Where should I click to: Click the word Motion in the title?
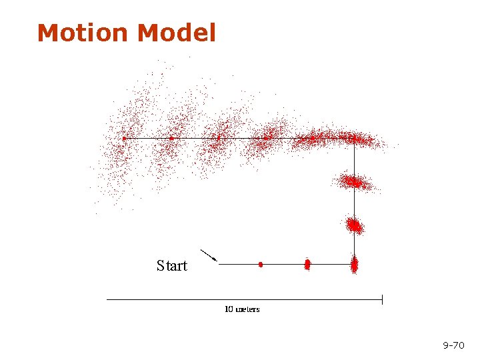point(79,33)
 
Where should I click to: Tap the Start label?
point(172,266)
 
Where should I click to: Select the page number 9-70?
point(453,345)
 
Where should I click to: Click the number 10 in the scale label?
point(229,309)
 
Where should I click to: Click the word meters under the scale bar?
point(247,309)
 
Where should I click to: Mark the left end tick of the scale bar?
point(108,299)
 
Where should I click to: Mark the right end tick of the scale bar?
point(382,299)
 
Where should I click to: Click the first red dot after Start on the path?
point(261,265)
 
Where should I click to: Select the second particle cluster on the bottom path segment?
point(307,265)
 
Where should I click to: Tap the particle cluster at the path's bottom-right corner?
point(354,265)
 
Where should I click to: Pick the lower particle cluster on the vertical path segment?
point(354,225)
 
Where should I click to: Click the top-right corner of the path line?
point(354,139)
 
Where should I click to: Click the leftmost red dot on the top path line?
point(124,139)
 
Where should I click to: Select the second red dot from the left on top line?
point(171,139)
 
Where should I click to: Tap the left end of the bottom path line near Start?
point(220,265)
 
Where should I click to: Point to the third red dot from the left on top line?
point(218,139)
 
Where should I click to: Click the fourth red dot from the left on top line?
point(265,139)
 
